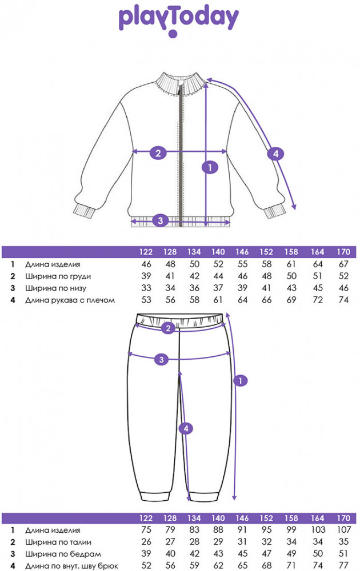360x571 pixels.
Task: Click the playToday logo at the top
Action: pyautogui.click(x=178, y=19)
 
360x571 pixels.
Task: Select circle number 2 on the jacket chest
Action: pyautogui.click(x=158, y=152)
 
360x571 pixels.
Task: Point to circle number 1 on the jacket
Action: pyautogui.click(x=210, y=167)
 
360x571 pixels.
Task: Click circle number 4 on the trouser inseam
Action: pyautogui.click(x=184, y=428)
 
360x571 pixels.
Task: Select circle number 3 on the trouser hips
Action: pyautogui.click(x=162, y=359)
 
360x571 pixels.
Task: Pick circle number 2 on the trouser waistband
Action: pyautogui.click(x=167, y=328)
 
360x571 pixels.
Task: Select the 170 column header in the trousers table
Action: pyautogui.click(x=343, y=518)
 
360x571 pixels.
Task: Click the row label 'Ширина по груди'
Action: pyautogui.click(x=58, y=276)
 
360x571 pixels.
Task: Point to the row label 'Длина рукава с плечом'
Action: pyautogui.click(x=70, y=300)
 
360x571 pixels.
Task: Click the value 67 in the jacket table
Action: pyautogui.click(x=343, y=265)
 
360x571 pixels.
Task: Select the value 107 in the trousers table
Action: pyautogui.click(x=343, y=530)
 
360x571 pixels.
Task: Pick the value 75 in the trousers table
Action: pyautogui.click(x=146, y=530)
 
